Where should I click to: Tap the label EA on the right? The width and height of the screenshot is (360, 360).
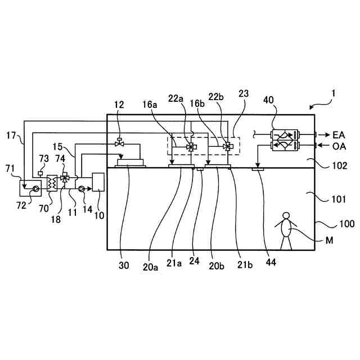[x=339, y=134]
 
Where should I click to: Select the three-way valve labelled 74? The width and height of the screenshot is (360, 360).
[x=64, y=178]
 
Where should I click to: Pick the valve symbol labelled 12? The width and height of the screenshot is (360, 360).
[x=119, y=143]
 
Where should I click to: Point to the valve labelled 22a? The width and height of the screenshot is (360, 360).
[x=191, y=147]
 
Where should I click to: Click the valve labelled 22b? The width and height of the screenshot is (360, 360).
[x=227, y=146]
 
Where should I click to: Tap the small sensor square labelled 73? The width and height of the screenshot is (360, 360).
[x=41, y=173]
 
